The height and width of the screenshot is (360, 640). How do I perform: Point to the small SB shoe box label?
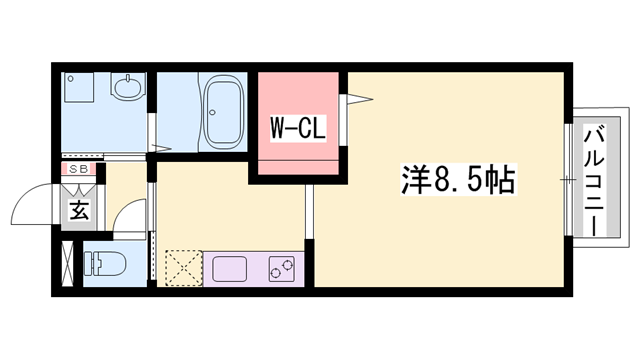77,170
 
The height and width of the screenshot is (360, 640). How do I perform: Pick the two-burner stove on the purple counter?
283,268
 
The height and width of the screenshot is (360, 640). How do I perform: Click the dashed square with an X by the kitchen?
182,267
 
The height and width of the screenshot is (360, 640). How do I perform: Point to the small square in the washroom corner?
77,88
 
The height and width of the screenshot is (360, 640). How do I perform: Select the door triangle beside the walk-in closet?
358,98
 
